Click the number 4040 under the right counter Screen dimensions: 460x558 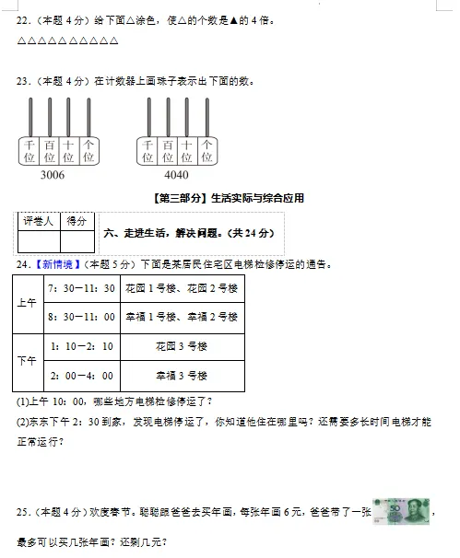175,175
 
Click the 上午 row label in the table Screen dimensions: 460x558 27,303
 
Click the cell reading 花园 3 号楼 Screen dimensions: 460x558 182,346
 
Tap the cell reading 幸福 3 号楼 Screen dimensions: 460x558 182,376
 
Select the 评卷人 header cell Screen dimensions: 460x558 39,221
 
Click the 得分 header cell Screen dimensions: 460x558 77,221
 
